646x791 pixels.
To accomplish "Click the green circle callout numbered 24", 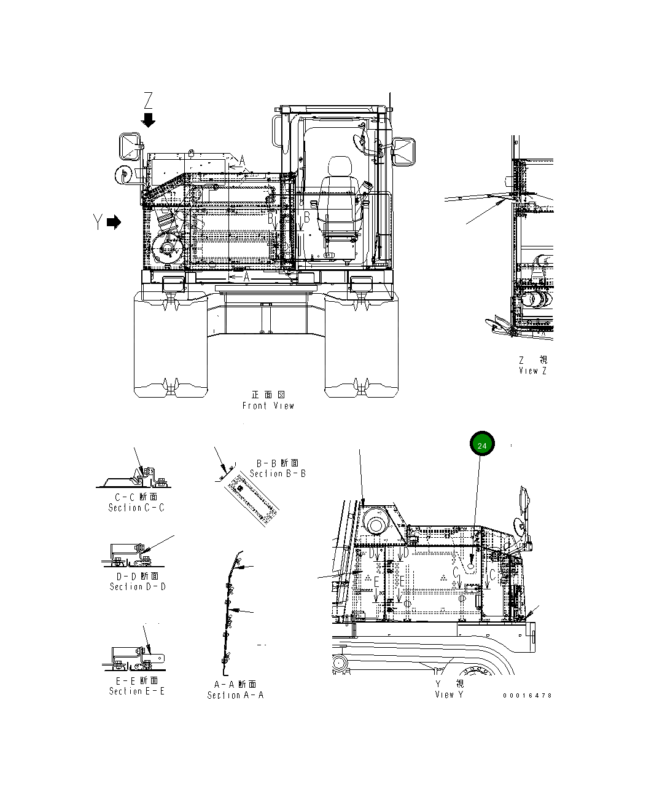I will [x=482, y=445].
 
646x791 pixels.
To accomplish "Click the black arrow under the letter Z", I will [x=148, y=120].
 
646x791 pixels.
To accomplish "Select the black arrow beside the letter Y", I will [x=114, y=222].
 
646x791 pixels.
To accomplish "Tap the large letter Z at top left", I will [x=148, y=100].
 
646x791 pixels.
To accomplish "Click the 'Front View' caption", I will [x=268, y=406].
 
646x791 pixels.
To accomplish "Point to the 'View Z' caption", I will [x=532, y=371].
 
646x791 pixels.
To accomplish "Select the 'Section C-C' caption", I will [x=136, y=508].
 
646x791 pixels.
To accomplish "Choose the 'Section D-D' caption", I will [x=138, y=586].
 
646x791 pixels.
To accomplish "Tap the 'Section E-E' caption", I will [x=136, y=691].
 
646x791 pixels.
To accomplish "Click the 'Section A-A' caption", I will [x=235, y=695].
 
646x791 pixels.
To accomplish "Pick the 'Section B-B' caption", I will [x=278, y=473].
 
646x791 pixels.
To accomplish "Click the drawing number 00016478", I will [x=527, y=695].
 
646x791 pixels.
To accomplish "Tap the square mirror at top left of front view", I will [x=130, y=146].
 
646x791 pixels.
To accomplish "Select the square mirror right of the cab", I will [x=406, y=151].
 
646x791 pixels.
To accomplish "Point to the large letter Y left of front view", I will [x=98, y=222].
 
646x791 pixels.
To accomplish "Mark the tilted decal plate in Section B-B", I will [x=251, y=502].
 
